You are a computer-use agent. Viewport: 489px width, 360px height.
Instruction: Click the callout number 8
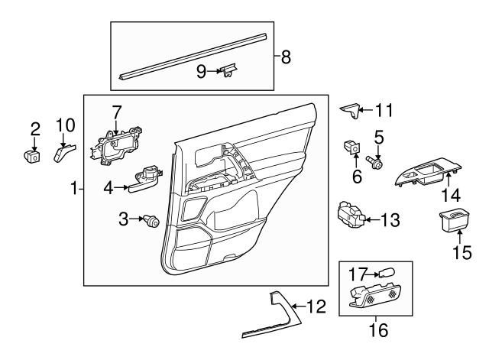(286, 57)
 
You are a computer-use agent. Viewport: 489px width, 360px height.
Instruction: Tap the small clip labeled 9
(228, 71)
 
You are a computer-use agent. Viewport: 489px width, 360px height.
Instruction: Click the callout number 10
(66, 125)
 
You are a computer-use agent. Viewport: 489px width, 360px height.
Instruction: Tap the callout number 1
(74, 188)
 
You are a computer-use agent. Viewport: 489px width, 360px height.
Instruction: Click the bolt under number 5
(376, 162)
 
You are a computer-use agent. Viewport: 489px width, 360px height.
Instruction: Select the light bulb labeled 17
(387, 271)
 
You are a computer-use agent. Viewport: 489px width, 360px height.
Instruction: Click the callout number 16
(378, 330)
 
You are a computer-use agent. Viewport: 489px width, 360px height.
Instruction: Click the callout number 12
(316, 306)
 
